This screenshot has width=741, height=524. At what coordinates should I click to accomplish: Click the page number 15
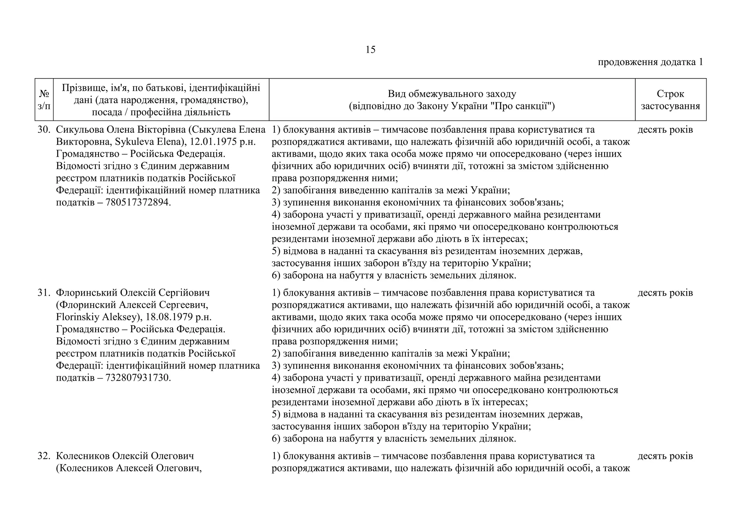pyautogui.click(x=370, y=50)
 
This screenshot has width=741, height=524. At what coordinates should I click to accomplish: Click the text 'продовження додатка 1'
pyautogui.click(x=650, y=62)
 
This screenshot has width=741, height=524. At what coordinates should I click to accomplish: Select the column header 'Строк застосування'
pyautogui.click(x=670, y=100)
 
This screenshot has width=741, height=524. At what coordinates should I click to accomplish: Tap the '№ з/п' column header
pyautogui.click(x=44, y=100)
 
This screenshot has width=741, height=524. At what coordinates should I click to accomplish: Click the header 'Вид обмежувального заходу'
pyautogui.click(x=452, y=94)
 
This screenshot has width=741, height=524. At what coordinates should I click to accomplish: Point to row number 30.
pyautogui.click(x=43, y=130)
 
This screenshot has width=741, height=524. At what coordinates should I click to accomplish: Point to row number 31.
pyautogui.click(x=43, y=292)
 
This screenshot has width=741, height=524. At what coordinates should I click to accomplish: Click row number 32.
pyautogui.click(x=43, y=456)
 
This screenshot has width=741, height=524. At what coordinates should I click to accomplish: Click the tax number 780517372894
pyautogui.click(x=138, y=202)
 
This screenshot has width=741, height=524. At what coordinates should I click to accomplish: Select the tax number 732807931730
pyautogui.click(x=138, y=378)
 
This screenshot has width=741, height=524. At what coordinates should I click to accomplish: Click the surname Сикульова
pyautogui.click(x=80, y=130)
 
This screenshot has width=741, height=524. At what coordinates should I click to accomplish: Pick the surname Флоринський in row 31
pyautogui.click(x=86, y=292)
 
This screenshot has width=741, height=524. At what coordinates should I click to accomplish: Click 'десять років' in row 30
pyautogui.click(x=665, y=130)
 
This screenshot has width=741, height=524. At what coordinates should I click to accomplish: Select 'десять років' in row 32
pyautogui.click(x=665, y=456)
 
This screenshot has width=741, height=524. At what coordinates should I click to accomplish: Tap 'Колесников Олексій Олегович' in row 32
pyautogui.click(x=125, y=456)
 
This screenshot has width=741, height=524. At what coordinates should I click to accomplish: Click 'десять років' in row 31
pyautogui.click(x=665, y=292)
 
